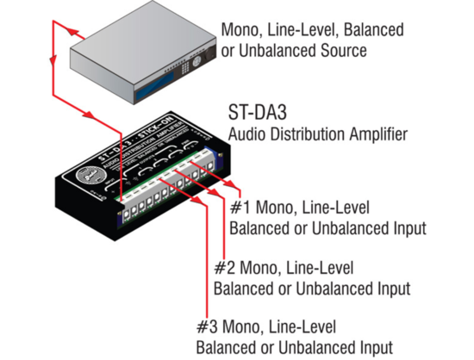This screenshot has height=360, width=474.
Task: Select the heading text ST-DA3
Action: [x=258, y=113]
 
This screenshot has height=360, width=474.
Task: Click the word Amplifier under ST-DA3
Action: [x=375, y=133]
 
